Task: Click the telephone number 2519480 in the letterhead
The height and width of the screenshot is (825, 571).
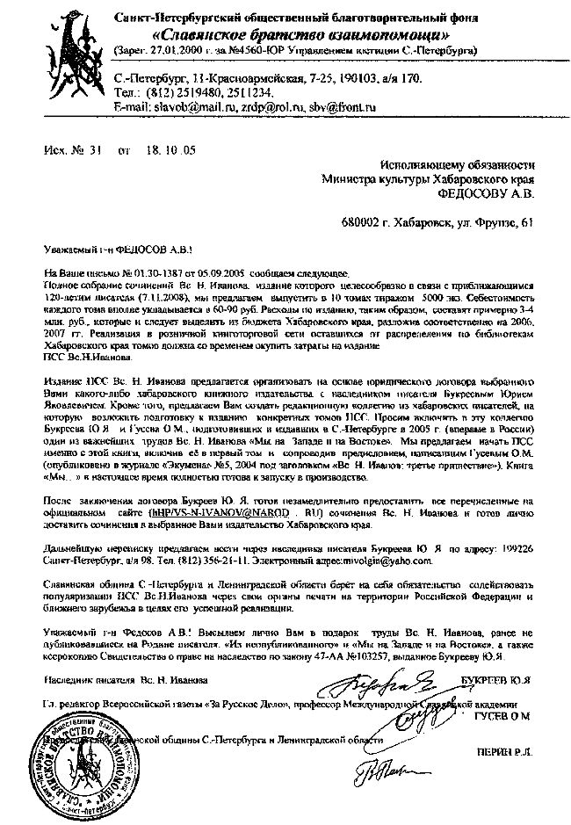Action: click(203, 92)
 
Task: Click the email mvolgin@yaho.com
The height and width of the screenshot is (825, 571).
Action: click(385, 558)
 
